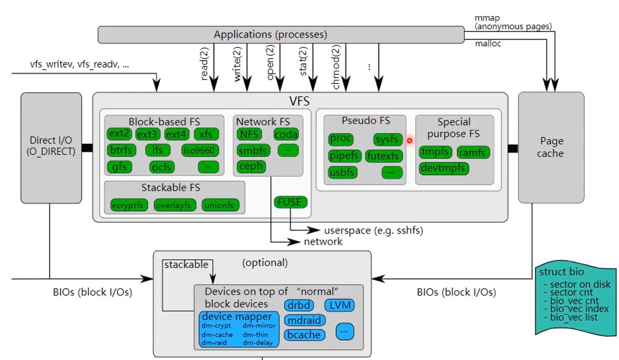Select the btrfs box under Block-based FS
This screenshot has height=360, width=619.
(119, 150)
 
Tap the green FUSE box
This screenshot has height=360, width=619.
(290, 202)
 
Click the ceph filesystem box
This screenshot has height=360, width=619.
(251, 166)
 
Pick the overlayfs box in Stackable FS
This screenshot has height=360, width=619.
(172, 205)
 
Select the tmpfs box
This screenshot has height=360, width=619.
(435, 152)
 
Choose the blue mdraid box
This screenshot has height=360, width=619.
(304, 320)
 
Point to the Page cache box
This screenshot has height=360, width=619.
(551, 147)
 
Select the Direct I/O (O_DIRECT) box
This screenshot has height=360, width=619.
(51, 146)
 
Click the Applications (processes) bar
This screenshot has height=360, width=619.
(281, 34)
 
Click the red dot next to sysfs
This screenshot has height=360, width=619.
(410, 141)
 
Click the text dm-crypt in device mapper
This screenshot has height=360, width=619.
(216, 326)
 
